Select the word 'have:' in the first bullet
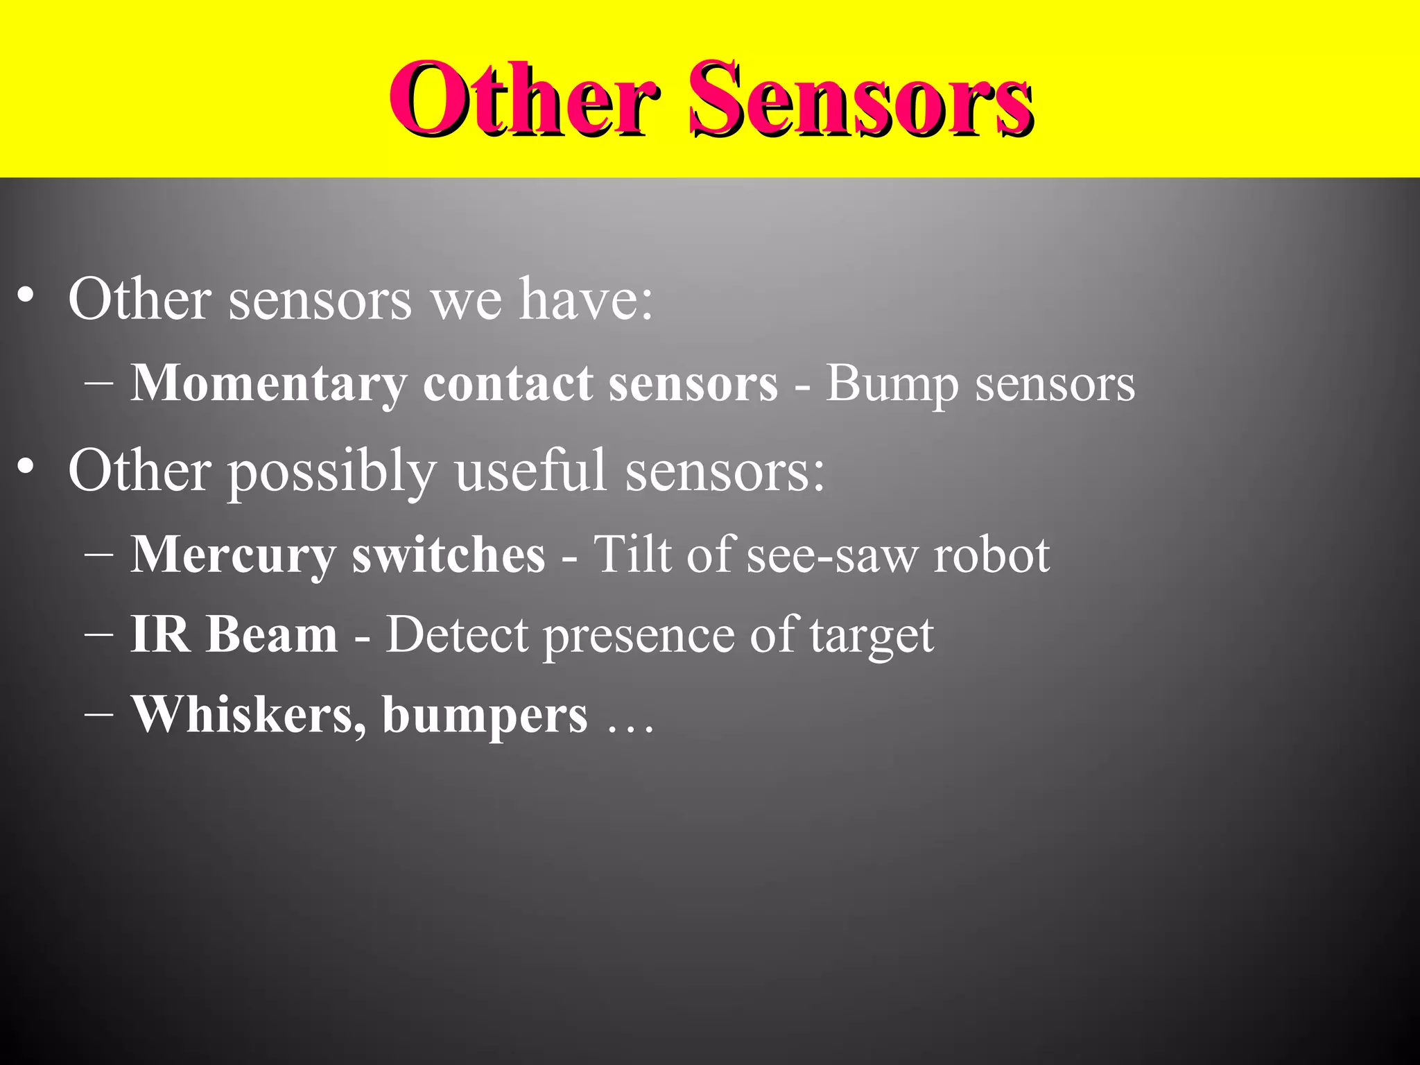[586, 300]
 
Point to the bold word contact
[508, 384]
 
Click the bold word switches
[449, 555]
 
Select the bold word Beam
[272, 634]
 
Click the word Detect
[457, 634]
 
